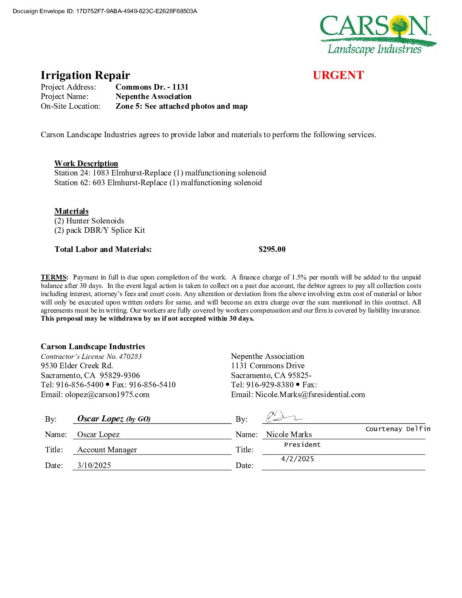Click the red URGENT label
click(338, 75)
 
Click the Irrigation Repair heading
click(85, 75)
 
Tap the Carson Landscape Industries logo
click(377, 35)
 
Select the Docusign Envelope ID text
click(105, 11)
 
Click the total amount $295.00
click(272, 249)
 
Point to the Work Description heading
click(86, 164)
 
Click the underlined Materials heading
click(71, 211)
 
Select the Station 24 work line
click(160, 173)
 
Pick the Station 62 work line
click(158, 183)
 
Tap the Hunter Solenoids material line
click(89, 221)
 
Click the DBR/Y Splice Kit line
click(100, 230)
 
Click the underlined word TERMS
click(54, 277)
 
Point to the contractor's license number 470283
click(130, 356)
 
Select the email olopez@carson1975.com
click(107, 395)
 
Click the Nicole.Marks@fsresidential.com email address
click(310, 395)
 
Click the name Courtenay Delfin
click(398, 429)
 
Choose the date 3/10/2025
click(94, 465)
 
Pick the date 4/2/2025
click(297, 459)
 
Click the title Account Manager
click(107, 450)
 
